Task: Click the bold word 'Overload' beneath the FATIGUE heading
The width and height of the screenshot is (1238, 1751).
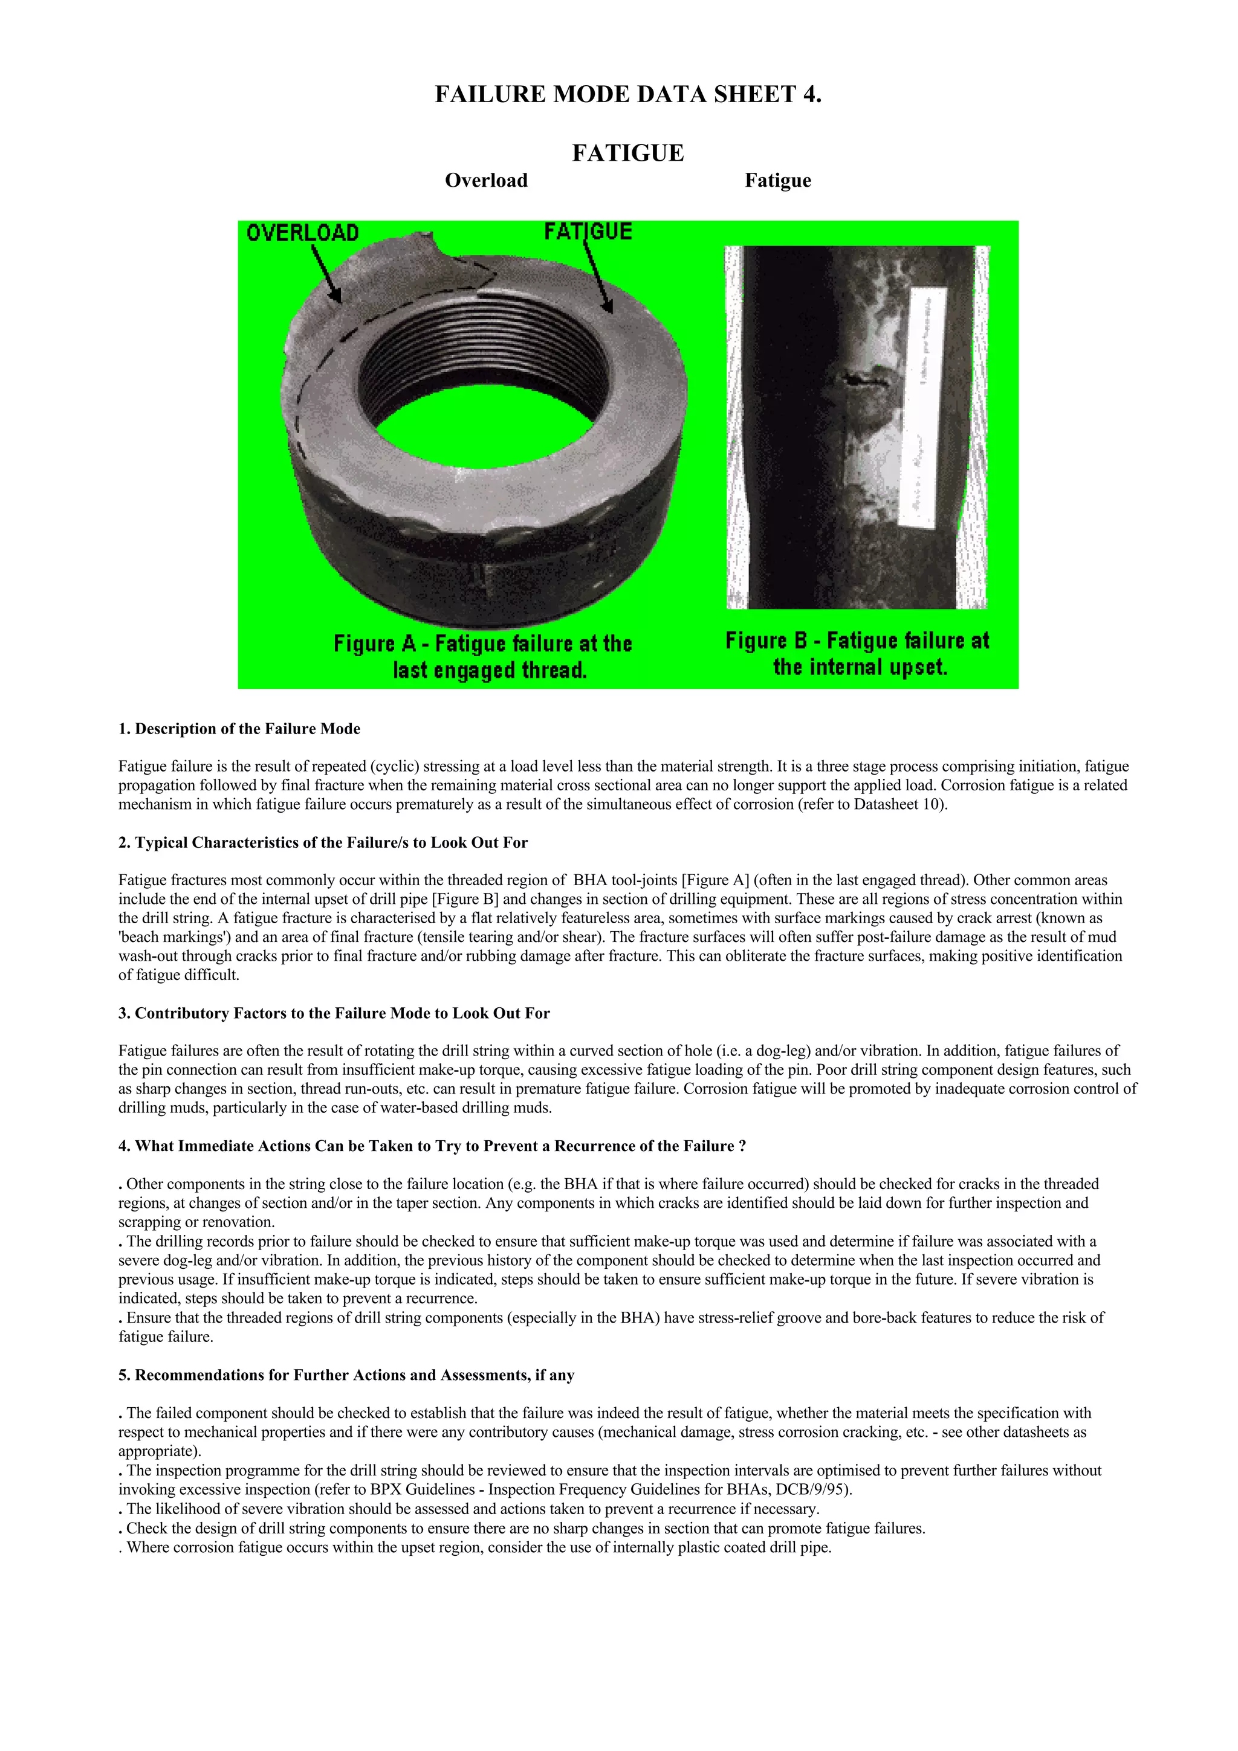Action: coord(486,181)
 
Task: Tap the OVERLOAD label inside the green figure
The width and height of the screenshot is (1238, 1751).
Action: coord(302,233)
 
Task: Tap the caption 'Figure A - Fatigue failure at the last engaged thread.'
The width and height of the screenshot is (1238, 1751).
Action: coord(483,657)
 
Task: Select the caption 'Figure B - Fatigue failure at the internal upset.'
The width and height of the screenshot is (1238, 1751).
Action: coord(857,654)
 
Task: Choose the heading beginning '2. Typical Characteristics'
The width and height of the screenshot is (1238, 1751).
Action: coord(323,843)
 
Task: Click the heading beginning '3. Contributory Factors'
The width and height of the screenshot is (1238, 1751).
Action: coord(334,1013)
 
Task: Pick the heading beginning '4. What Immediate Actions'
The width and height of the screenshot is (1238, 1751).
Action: coord(432,1146)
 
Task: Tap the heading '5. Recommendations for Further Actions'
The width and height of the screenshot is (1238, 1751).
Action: coord(346,1375)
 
